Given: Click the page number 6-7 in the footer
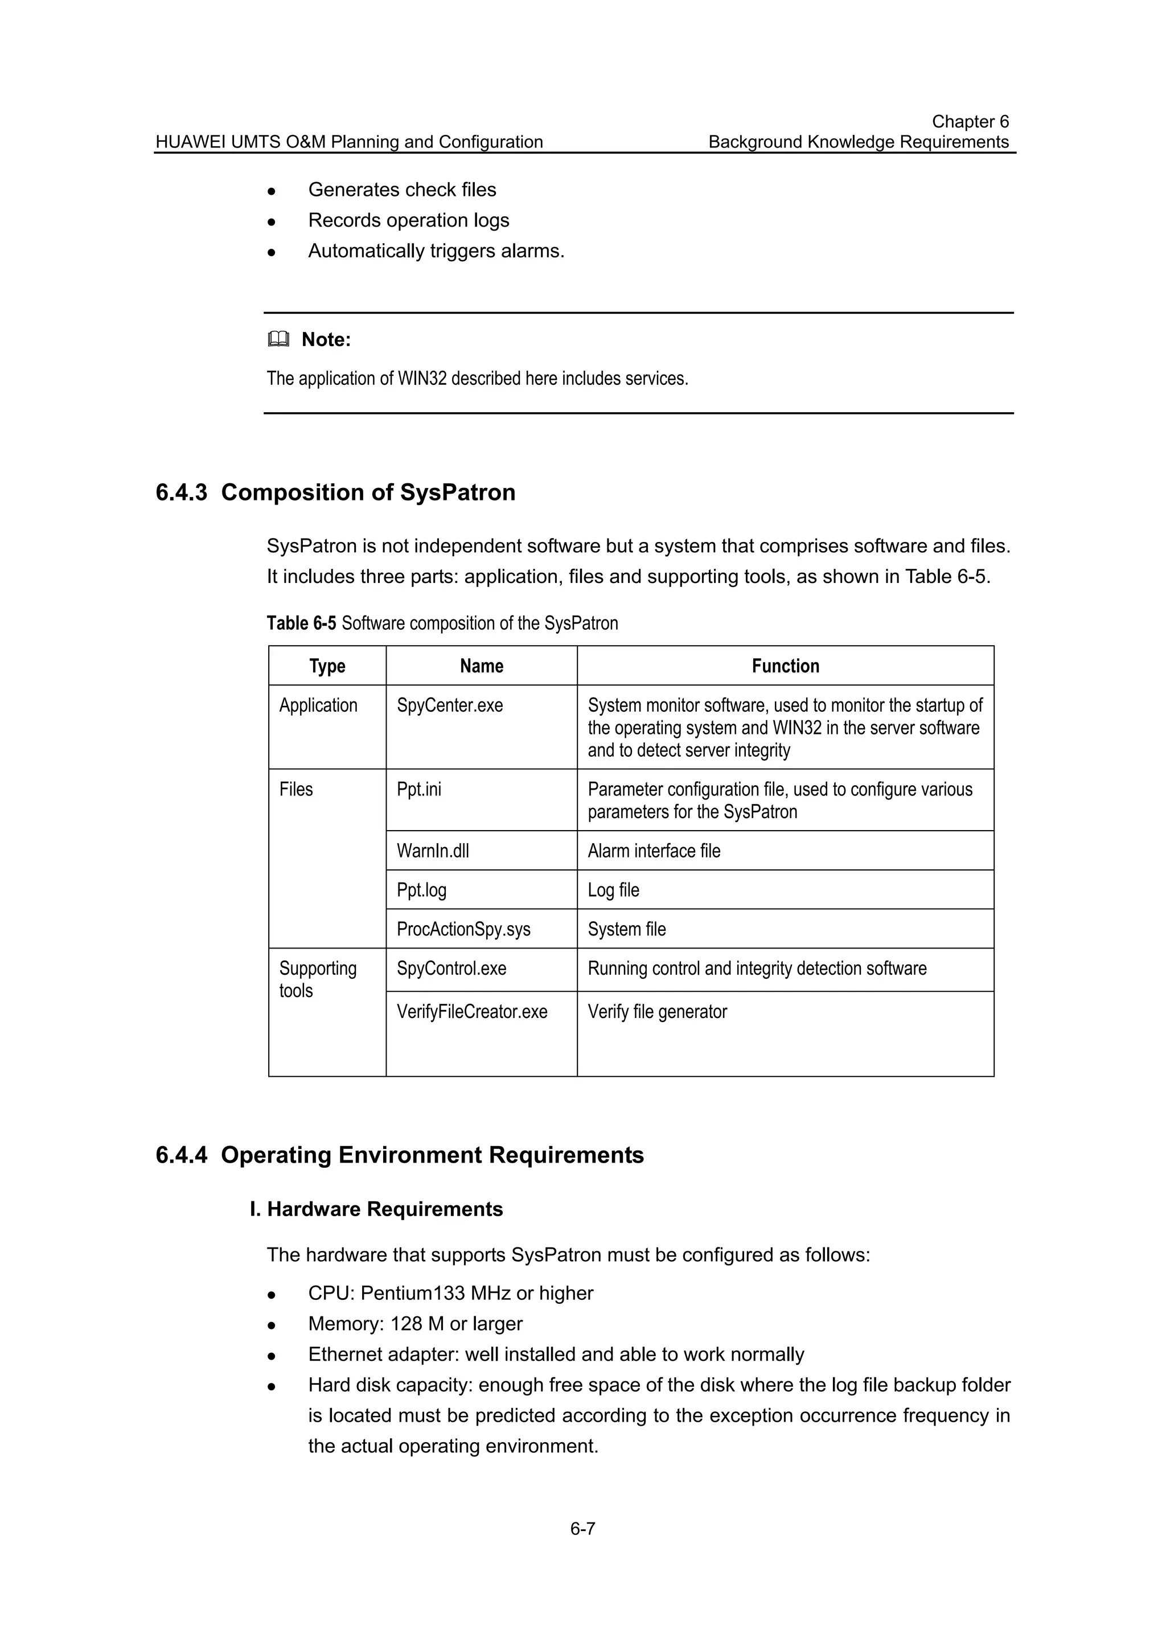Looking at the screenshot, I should pyautogui.click(x=582, y=1529).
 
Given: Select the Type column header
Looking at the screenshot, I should pyautogui.click(x=327, y=666).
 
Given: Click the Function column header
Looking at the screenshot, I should pyautogui.click(x=785, y=666).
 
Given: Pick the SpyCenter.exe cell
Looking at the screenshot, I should pyautogui.click(x=450, y=705).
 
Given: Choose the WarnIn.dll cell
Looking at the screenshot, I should pyautogui.click(x=433, y=851).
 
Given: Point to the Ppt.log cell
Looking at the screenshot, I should pyautogui.click(x=422, y=890).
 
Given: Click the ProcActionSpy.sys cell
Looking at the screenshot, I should pyautogui.click(x=463, y=929).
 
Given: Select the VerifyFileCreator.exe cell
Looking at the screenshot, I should pyautogui.click(x=472, y=1012).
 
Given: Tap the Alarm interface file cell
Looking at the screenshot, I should pyautogui.click(x=654, y=851).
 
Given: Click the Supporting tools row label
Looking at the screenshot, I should pyautogui.click(x=318, y=979).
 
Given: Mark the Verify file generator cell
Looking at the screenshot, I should pyautogui.click(x=658, y=1012).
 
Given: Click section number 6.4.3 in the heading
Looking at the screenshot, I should pyautogui.click(x=181, y=493).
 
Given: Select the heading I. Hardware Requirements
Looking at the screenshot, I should pyautogui.click(x=376, y=1209).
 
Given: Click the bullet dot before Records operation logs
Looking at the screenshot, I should pyautogui.click(x=272, y=222).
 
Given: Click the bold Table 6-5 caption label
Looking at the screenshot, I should pyautogui.click(x=301, y=623).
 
